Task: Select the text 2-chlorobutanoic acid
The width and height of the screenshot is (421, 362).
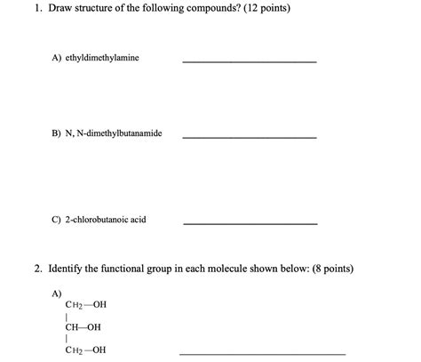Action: pos(104,219)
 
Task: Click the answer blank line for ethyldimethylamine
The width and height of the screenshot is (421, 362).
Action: pos(249,61)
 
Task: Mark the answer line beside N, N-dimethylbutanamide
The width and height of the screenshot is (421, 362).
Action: pos(249,138)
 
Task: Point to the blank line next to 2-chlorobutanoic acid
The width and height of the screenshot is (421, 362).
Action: pos(250,223)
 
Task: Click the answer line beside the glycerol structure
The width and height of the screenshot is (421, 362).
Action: pos(249,354)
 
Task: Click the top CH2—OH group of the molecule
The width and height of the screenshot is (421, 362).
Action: pos(85,304)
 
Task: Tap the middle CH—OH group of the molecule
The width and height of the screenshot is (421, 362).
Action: pos(83,326)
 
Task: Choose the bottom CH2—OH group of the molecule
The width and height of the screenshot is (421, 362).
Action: pos(85,350)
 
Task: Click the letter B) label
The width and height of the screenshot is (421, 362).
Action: pos(55,133)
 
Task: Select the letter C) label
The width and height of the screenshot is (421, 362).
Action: pos(55,219)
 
